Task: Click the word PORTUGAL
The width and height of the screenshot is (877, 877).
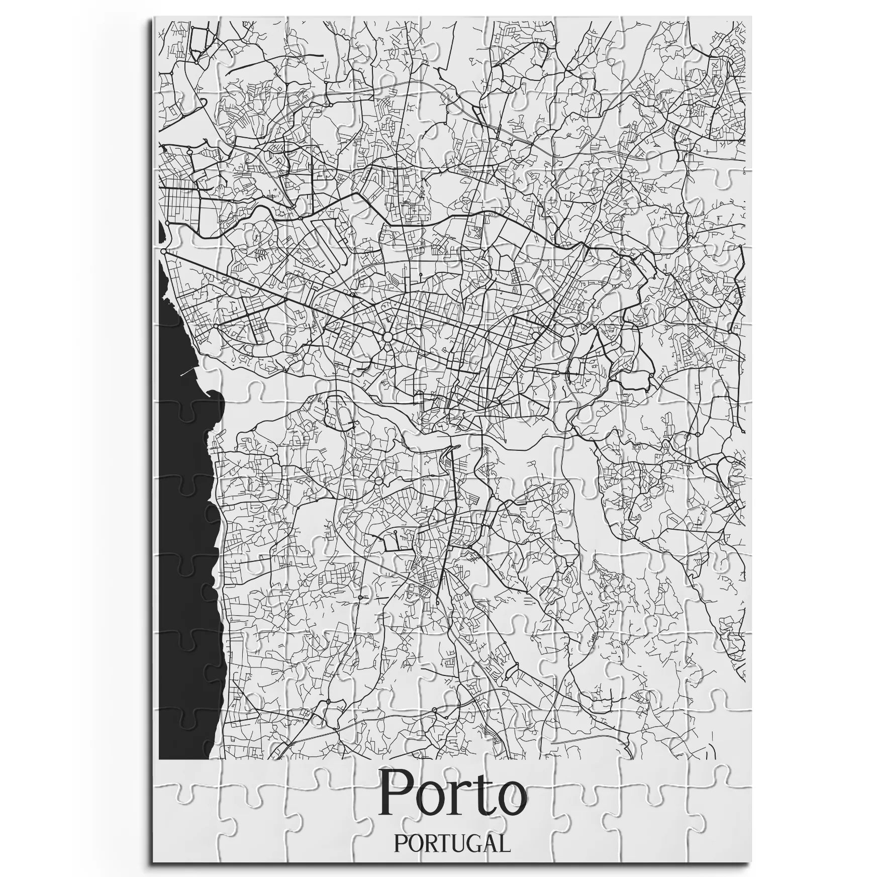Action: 452,843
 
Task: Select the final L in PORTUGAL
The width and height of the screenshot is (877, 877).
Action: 504,843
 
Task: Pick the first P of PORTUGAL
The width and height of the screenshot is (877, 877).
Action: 400,843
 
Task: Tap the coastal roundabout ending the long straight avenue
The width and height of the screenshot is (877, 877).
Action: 164,251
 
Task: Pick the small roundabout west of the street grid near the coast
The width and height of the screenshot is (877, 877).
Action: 216,326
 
